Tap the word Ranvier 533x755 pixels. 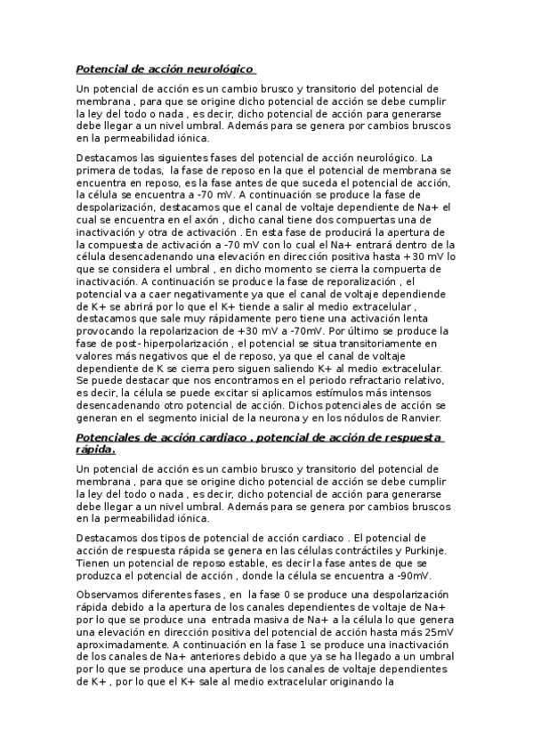click(430, 418)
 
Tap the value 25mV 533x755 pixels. click(433, 631)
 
